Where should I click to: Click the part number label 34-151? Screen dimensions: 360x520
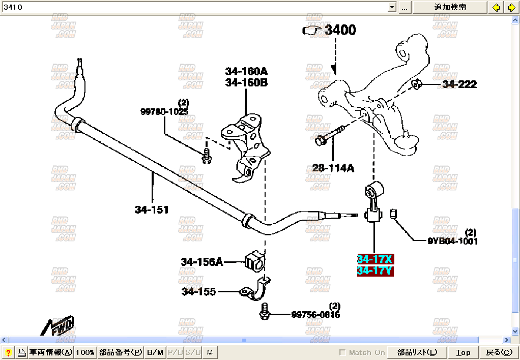(152, 209)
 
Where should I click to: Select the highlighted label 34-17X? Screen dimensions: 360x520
(374, 259)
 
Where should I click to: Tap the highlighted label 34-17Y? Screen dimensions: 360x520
(374, 271)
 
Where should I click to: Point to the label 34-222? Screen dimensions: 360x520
(459, 84)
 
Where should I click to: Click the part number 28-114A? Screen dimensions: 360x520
(333, 167)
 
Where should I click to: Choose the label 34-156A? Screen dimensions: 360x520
(201, 262)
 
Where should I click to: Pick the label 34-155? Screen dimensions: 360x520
(198, 291)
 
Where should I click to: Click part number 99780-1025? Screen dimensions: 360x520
(164, 111)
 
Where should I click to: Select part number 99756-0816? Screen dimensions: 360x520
(315, 315)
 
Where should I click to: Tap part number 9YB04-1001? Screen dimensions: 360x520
(452, 241)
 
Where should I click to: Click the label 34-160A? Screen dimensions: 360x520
(246, 71)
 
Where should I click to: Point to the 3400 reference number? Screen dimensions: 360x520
(340, 30)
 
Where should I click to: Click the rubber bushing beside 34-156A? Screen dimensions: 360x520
(254, 261)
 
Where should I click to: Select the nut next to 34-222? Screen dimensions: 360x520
(416, 84)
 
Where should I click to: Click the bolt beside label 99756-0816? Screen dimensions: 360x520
(264, 312)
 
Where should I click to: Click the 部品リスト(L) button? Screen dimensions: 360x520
(417, 352)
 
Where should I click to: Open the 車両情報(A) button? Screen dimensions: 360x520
(50, 352)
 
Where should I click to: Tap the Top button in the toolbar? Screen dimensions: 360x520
(463, 352)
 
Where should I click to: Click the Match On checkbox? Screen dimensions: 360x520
(342, 352)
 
